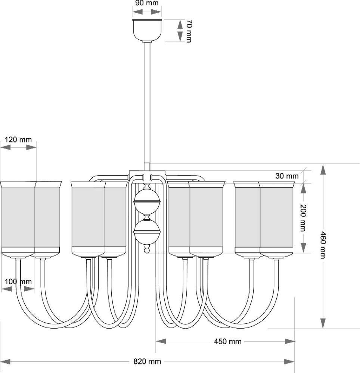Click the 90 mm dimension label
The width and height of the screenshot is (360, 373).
click(147, 3)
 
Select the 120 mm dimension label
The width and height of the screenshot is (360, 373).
click(18, 140)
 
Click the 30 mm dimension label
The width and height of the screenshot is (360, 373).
click(287, 176)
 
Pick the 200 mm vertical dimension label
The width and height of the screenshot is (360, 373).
click(303, 218)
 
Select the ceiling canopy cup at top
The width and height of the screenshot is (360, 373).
click(147, 29)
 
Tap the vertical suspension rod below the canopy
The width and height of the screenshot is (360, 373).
click(147, 104)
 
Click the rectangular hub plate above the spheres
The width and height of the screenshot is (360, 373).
click(147, 174)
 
